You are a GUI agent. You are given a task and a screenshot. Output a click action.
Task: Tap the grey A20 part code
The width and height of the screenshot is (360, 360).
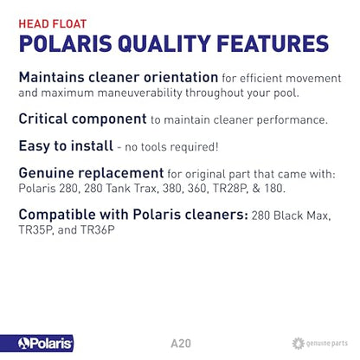[x=179, y=344]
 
